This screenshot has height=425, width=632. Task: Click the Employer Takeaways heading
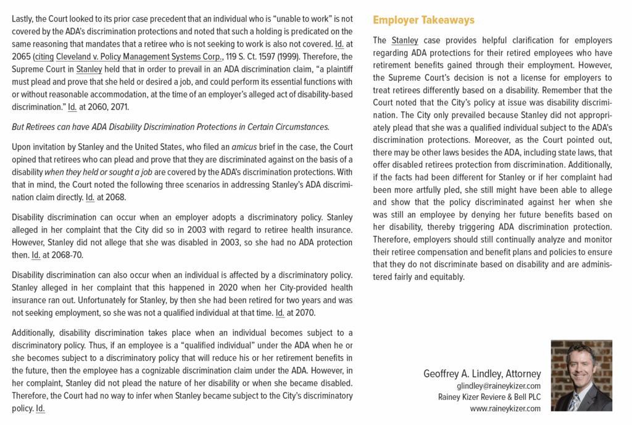tap(423, 20)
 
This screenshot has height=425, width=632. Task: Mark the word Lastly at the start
tap(24, 19)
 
